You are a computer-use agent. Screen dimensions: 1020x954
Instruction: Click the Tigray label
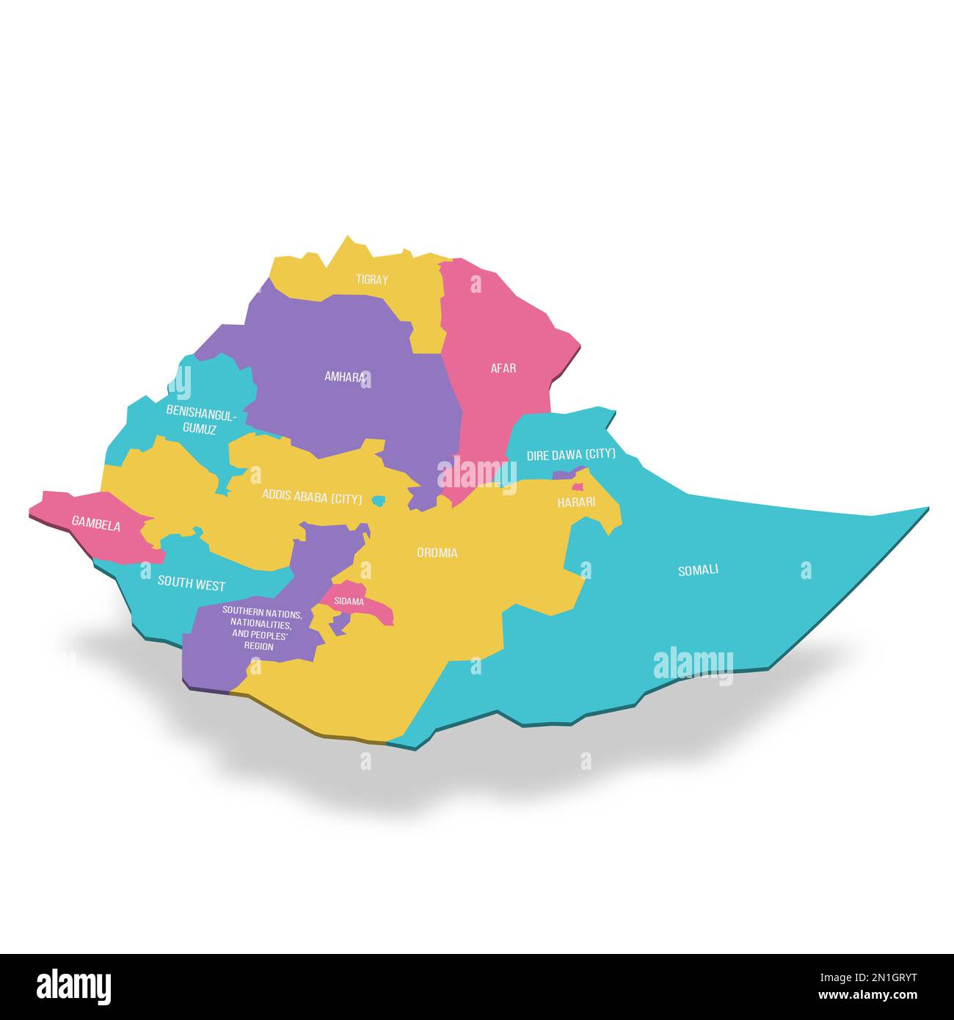tap(372, 280)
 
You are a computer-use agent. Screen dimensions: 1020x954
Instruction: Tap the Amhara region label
tap(345, 377)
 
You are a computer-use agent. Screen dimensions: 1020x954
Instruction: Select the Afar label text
tap(503, 368)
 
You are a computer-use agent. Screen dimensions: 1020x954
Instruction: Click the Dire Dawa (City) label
tap(571, 455)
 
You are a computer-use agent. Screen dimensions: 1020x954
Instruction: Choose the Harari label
tap(576, 503)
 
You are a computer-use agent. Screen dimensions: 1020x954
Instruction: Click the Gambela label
tap(96, 525)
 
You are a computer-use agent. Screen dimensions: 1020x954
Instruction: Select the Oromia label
tap(437, 553)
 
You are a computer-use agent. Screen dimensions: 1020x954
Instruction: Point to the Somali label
tap(698, 569)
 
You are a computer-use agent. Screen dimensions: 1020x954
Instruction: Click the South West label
tap(192, 585)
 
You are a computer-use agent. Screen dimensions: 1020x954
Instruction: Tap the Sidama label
tap(349, 602)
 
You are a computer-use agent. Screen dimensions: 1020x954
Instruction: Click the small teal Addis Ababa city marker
tap(379, 500)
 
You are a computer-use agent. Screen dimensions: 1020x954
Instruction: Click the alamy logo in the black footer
tap(74, 986)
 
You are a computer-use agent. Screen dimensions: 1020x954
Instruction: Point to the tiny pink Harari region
tap(578, 487)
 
